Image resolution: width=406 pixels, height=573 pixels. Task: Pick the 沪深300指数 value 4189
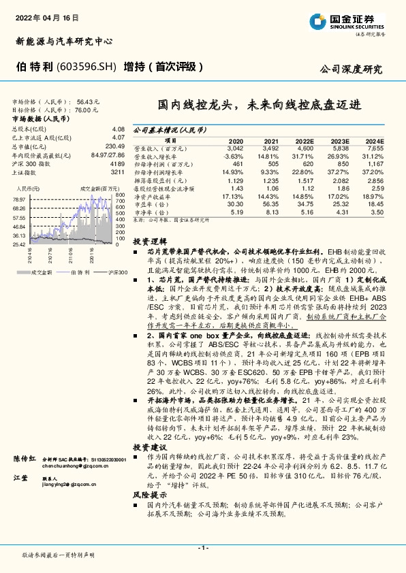116,164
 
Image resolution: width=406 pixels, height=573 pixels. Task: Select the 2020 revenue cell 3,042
234,148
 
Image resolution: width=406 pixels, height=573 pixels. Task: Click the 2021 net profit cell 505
271,163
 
